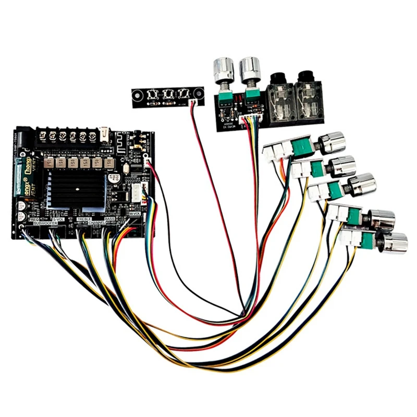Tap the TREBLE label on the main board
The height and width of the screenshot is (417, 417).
click(x=84, y=219)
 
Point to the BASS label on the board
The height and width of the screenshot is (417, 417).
click(x=109, y=219)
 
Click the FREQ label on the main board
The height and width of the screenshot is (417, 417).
click(x=34, y=219)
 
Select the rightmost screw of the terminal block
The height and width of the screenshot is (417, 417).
click(x=92, y=136)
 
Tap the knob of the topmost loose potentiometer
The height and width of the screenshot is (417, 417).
click(x=329, y=142)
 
